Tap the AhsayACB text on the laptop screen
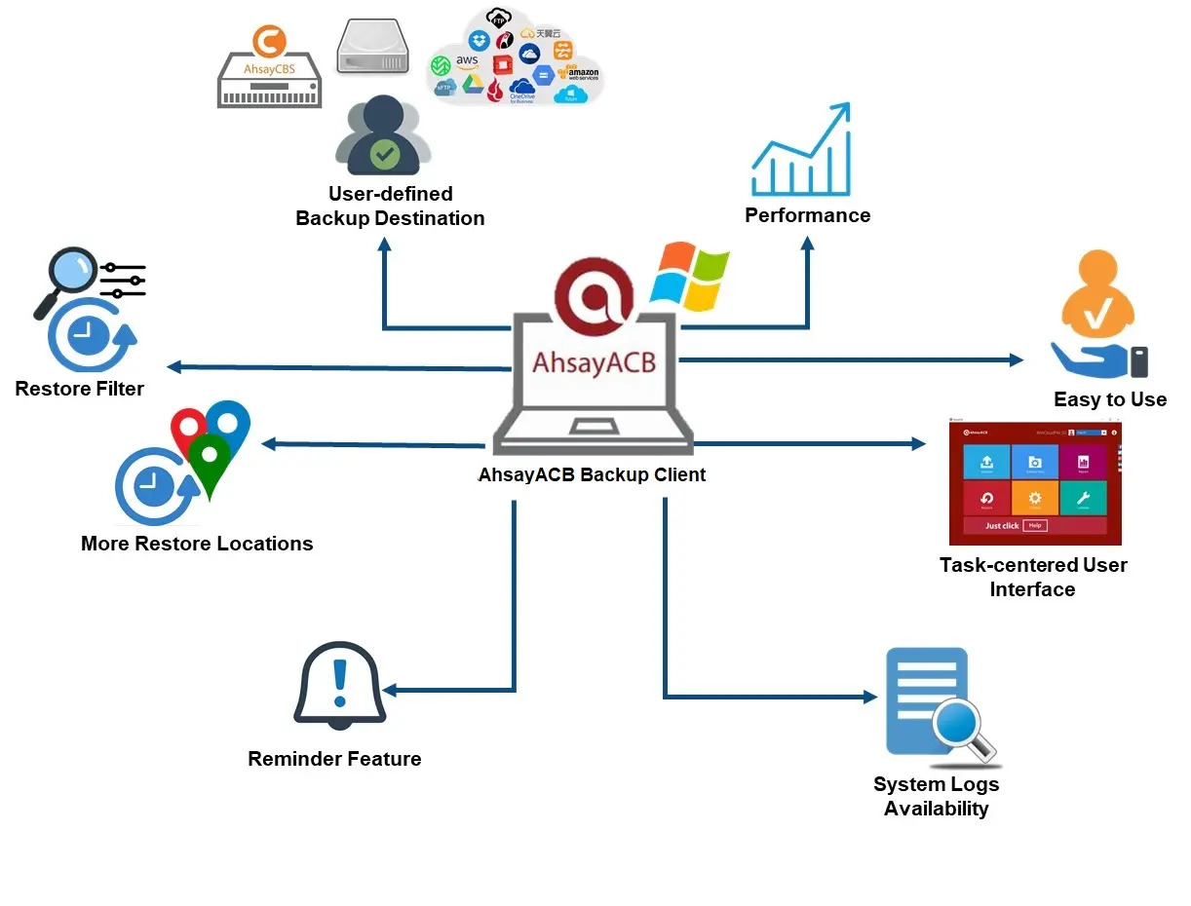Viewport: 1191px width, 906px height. coord(594,360)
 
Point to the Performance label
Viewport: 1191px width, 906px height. coord(807,215)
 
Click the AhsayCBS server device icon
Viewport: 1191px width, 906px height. coord(269,69)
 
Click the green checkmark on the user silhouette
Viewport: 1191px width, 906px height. coord(384,153)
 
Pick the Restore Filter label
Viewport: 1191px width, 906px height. coord(80,389)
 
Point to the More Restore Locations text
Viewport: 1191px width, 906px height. coord(197,544)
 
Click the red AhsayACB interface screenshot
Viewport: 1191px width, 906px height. coord(1035,483)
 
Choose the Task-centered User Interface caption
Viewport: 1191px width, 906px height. coord(1033,577)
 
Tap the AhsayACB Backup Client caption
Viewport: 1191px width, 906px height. coord(592,475)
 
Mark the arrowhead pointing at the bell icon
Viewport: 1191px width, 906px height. coord(390,691)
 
